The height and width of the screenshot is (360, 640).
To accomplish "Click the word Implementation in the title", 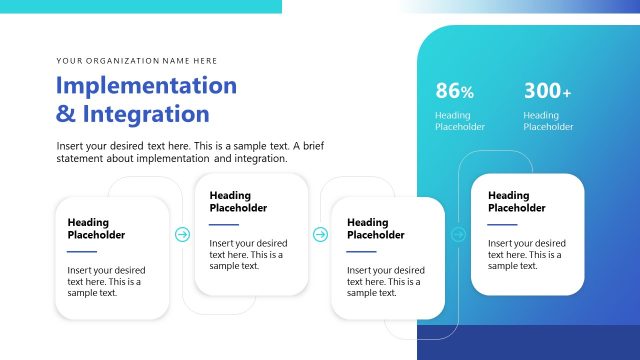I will click(146, 85).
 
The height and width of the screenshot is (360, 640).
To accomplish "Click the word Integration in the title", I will click(146, 113).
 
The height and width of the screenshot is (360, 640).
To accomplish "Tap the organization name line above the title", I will click(137, 60).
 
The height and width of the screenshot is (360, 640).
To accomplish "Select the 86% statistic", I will click(454, 91).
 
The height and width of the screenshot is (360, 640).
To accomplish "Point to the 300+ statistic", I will click(547, 91).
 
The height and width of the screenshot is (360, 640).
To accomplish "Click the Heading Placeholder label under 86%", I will click(460, 121).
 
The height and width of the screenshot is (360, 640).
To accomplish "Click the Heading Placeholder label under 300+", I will click(548, 121).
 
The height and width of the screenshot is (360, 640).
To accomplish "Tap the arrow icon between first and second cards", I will click(182, 234).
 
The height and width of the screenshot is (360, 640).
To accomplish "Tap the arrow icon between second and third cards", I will click(320, 234).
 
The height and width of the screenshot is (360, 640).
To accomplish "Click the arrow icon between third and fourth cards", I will click(458, 234).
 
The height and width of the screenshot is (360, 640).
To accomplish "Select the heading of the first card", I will click(96, 228).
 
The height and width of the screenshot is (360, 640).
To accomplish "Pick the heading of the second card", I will click(238, 201).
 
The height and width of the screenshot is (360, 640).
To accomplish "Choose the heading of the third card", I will click(375, 228).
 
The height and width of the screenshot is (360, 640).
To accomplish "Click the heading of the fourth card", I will click(517, 201).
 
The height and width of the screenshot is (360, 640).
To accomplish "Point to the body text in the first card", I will click(104, 282).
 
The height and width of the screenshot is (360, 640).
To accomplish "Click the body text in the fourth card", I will click(525, 254).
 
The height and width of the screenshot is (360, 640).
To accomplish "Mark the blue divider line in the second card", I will click(224, 225).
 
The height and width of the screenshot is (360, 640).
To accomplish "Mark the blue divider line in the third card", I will click(361, 252).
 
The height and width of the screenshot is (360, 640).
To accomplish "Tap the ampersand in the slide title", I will click(65, 114).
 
